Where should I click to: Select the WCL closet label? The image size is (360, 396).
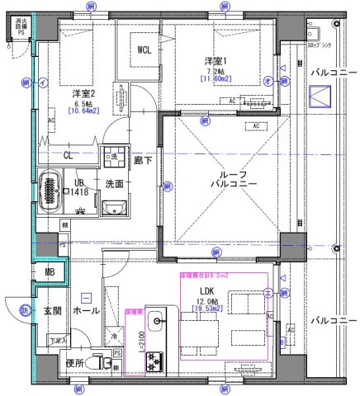click(x=144, y=50)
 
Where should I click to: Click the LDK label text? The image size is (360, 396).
click(x=206, y=290)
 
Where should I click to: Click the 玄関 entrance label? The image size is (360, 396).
click(x=52, y=309)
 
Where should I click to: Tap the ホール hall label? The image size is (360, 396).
click(x=87, y=312)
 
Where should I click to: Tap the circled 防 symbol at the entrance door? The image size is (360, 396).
click(x=26, y=309)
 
